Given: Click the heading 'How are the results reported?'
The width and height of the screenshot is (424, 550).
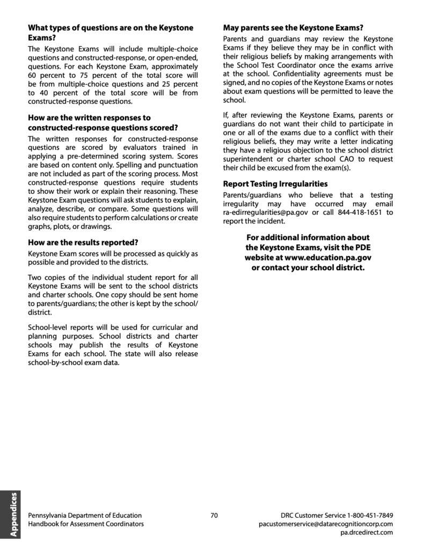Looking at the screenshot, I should (x=83, y=242).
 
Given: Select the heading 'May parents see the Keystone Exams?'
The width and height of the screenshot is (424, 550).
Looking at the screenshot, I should (x=293, y=27).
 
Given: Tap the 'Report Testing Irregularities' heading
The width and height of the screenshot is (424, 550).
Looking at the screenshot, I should (x=275, y=184).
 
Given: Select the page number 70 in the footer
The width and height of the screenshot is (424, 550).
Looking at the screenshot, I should (x=214, y=515).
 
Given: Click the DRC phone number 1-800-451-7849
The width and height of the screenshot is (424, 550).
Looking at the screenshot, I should (x=370, y=515).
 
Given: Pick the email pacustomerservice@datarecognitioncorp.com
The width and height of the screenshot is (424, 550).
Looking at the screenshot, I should (x=326, y=524).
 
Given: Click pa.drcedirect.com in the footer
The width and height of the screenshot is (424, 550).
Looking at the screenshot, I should (x=367, y=532).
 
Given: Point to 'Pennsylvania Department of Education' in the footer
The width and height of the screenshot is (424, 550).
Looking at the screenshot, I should (x=85, y=515).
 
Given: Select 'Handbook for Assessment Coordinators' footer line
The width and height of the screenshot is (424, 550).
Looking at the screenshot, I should (x=86, y=524).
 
